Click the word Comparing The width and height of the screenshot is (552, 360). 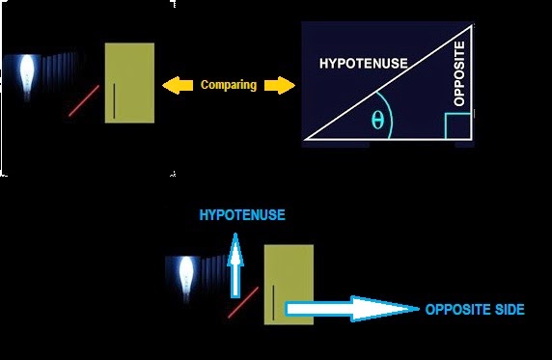pos(229,85)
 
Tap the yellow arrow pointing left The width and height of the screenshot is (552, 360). pos(177,86)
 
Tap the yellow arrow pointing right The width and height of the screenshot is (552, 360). pos(278,86)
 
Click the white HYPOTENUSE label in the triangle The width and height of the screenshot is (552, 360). pos(363,64)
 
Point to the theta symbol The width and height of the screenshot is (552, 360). pos(376,121)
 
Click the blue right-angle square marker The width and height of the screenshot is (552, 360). pos(458,126)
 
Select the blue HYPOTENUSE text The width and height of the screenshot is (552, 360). pos(242,214)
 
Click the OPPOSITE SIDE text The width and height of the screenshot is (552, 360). pos(475,310)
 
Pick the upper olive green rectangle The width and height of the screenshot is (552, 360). pos(129,81)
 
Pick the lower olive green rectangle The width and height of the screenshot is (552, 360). pos(288,284)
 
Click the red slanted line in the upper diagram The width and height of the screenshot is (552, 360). pos(84,100)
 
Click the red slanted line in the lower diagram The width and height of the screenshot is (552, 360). pos(243,301)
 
